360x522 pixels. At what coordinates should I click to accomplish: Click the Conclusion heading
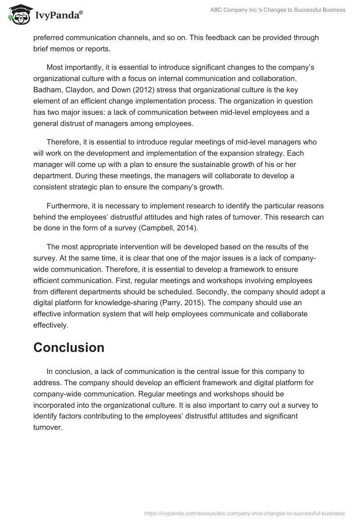69,347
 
